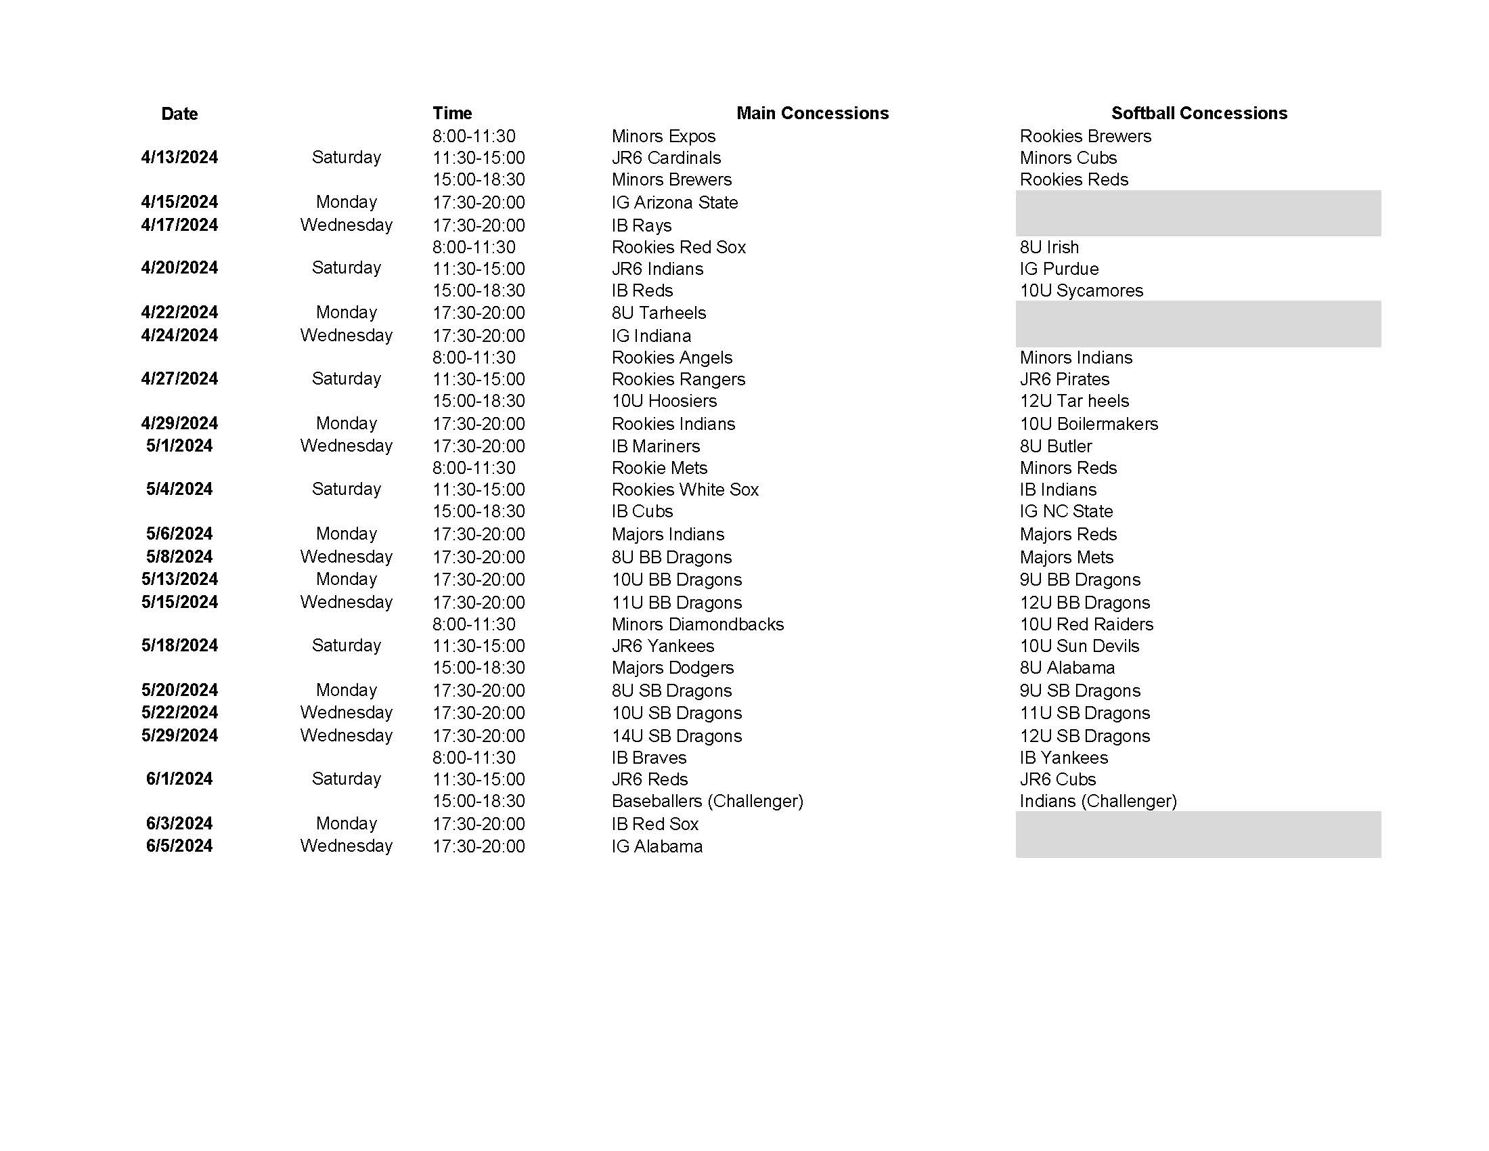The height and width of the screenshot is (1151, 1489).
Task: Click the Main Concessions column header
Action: tap(812, 113)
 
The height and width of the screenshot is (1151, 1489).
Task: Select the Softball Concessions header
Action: tap(1199, 113)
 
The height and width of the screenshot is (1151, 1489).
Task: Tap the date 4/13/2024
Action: tap(179, 158)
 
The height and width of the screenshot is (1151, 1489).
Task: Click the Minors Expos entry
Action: tap(663, 136)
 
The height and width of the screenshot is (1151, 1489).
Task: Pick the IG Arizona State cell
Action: tap(674, 202)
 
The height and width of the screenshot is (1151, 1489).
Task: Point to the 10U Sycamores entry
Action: tap(1082, 290)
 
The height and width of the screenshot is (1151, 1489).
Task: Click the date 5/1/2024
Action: tap(179, 446)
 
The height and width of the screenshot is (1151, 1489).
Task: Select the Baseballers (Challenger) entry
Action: tap(707, 801)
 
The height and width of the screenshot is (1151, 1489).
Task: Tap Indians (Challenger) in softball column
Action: tap(1098, 801)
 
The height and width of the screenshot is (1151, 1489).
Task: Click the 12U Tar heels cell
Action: tap(1074, 401)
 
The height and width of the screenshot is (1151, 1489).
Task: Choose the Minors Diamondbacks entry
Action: tap(697, 625)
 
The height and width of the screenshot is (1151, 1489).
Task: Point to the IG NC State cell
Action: tap(1066, 511)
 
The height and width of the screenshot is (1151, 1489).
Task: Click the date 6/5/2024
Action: tap(179, 846)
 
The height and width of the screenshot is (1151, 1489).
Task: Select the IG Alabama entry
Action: tap(657, 847)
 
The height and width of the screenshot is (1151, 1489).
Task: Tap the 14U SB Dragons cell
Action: tap(676, 737)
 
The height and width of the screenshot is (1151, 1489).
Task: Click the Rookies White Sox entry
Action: tap(684, 490)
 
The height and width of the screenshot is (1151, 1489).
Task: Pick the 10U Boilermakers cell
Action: tap(1089, 424)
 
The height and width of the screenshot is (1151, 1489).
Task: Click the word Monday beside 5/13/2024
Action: tap(347, 580)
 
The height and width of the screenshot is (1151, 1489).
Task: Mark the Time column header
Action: tap(452, 113)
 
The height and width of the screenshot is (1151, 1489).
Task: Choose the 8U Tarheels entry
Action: tap(659, 313)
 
